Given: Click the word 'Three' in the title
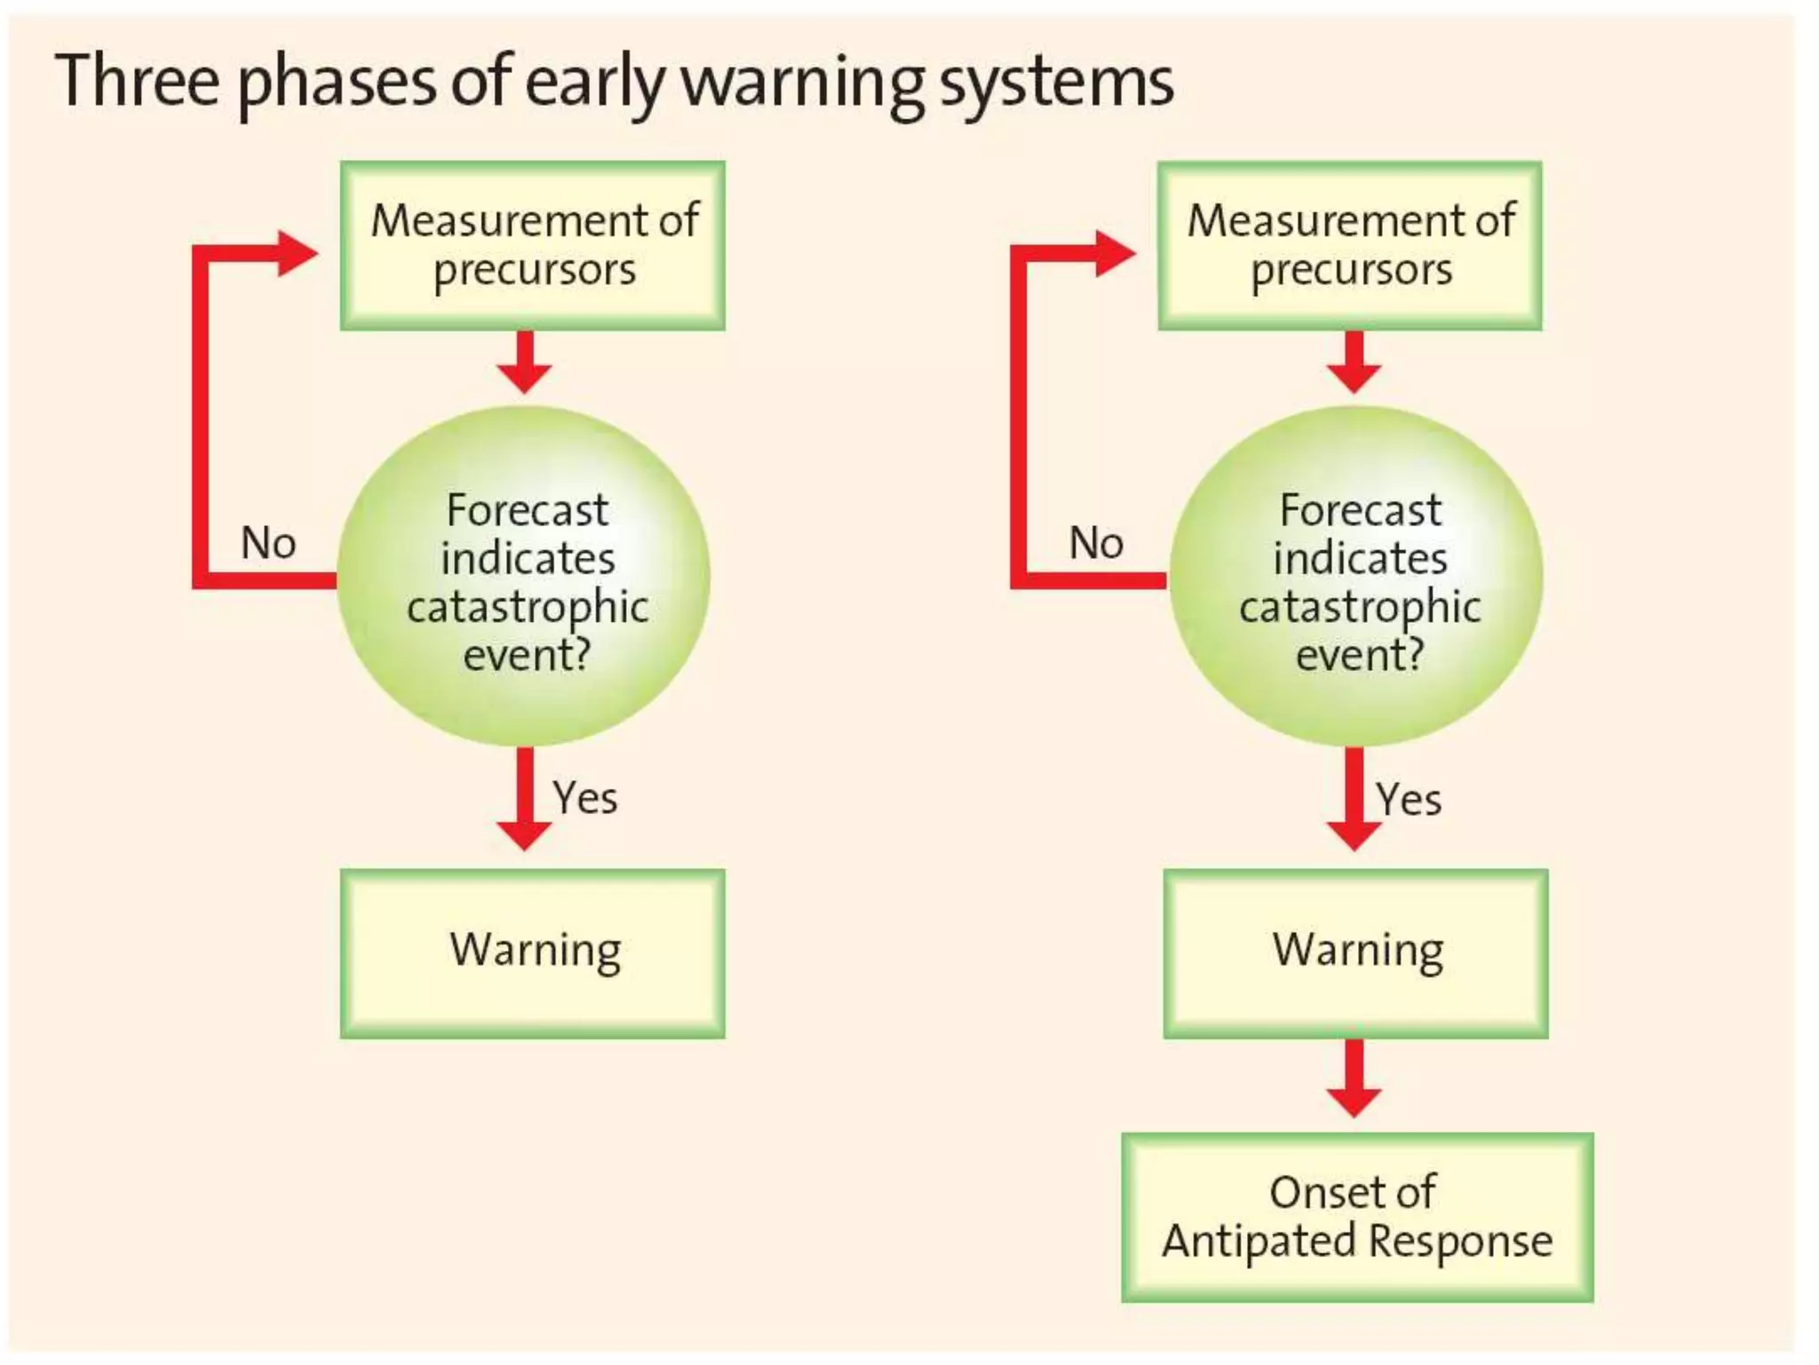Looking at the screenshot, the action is pyautogui.click(x=137, y=81).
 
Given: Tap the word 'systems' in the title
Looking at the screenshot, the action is pyautogui.click(x=1056, y=84).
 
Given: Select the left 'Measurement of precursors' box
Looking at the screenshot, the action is pyautogui.click(x=533, y=245).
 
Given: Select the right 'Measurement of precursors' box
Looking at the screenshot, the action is pyautogui.click(x=1349, y=245).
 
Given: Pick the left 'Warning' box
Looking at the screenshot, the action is pyautogui.click(x=533, y=953).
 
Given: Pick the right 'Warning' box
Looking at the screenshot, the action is pyautogui.click(x=1355, y=953).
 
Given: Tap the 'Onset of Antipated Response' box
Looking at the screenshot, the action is pyautogui.click(x=1356, y=1217).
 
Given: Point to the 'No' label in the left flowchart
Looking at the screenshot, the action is pyautogui.click(x=268, y=542).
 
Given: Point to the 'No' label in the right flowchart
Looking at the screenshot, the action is pyautogui.click(x=1096, y=542).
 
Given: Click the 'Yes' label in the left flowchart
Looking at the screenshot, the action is pyautogui.click(x=584, y=797).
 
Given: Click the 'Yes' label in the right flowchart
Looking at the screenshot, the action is pyautogui.click(x=1409, y=799).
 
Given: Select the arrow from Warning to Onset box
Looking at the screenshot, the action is pyautogui.click(x=1354, y=1077).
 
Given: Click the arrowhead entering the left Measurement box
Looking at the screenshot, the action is pyautogui.click(x=297, y=253).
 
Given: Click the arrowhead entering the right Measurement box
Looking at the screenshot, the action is pyautogui.click(x=1115, y=253).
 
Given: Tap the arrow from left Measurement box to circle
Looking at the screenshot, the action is pyautogui.click(x=525, y=362).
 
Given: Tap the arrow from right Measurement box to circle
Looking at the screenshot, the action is pyautogui.click(x=1354, y=362).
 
